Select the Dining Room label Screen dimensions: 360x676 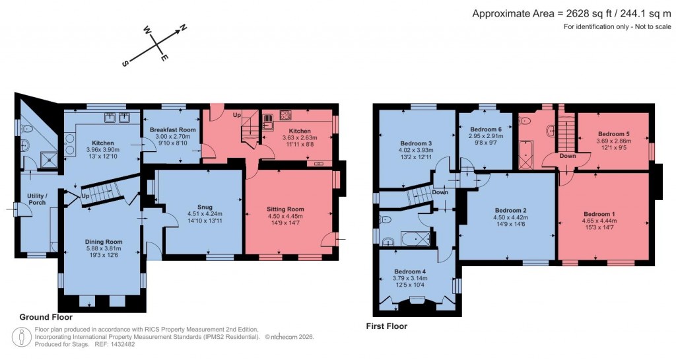pyautogui.click(x=104, y=241)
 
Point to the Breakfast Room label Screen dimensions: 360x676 pyautogui.click(x=173, y=129)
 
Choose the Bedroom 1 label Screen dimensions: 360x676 pyautogui.click(x=599, y=213)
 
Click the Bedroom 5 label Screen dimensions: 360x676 pyautogui.click(x=613, y=134)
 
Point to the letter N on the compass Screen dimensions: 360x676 pyautogui.click(x=184, y=28)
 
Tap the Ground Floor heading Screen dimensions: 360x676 pyautogui.click(x=46, y=317)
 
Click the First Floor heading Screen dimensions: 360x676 pyautogui.click(x=387, y=326)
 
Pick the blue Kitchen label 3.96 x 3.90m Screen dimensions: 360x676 pyautogui.click(x=103, y=143)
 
